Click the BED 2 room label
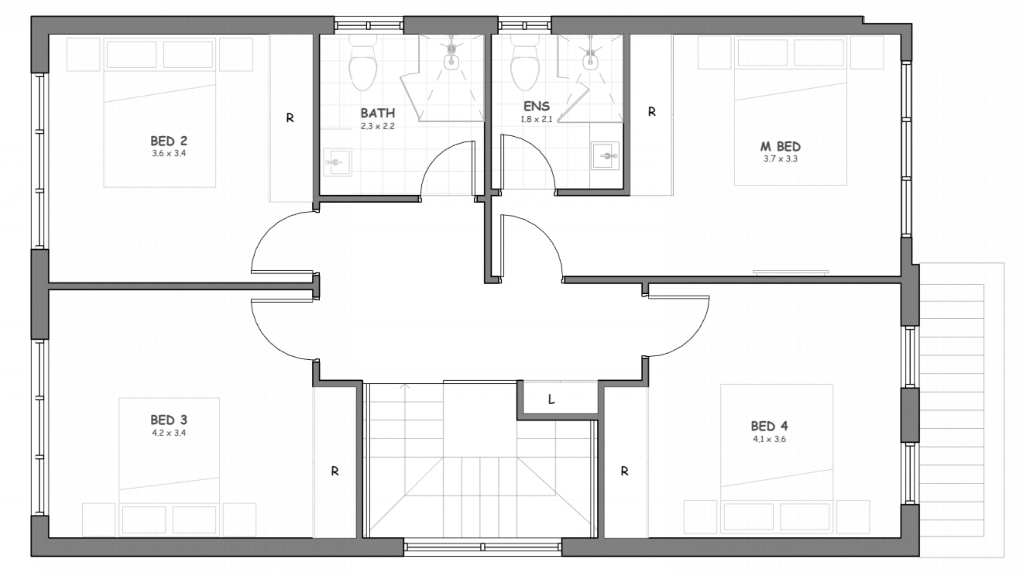point(169,141)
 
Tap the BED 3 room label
point(169,420)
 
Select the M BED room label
point(780,147)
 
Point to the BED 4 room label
point(769,426)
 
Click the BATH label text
point(378,113)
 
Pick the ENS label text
point(537,106)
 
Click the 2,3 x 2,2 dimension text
point(378,126)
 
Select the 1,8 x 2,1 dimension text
point(536,119)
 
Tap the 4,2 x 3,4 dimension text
point(169,433)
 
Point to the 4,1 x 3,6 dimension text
point(769,440)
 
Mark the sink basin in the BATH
point(337,162)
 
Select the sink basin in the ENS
point(605,156)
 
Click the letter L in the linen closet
point(551,399)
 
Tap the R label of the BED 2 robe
point(290,118)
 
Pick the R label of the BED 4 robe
point(624,471)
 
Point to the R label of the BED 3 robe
point(335,471)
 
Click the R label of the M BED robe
point(652,112)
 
